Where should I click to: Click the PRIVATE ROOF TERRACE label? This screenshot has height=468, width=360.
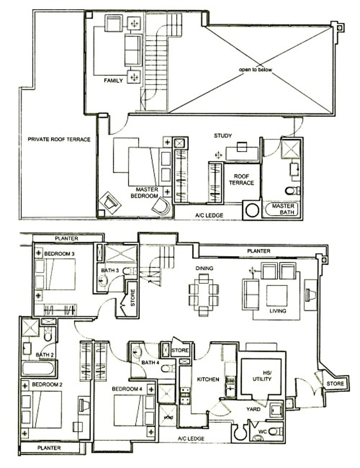click(59, 139)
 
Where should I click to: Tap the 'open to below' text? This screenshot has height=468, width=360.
click(255, 70)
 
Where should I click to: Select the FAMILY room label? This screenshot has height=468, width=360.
click(113, 80)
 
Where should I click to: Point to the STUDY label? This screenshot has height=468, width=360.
click(223, 136)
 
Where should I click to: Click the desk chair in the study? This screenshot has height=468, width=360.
click(242, 146)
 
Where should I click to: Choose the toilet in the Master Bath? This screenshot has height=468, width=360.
click(292, 190)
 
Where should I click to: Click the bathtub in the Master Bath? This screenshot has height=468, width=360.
click(282, 209)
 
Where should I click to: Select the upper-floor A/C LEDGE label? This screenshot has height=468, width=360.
click(209, 215)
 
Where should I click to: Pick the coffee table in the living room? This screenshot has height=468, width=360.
click(277, 296)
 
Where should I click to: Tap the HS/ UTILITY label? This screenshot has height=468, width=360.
click(262, 376)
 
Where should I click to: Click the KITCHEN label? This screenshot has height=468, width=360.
click(208, 379)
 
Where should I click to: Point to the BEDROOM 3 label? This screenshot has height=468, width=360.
click(59, 254)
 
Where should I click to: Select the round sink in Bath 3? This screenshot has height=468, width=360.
click(103, 280)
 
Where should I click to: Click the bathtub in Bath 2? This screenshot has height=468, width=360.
click(38, 368)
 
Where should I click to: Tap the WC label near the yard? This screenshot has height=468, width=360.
click(262, 432)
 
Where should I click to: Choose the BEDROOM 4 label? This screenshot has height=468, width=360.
click(127, 389)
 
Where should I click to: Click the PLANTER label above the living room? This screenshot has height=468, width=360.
click(258, 251)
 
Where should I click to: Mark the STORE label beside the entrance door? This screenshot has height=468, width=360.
click(335, 384)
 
